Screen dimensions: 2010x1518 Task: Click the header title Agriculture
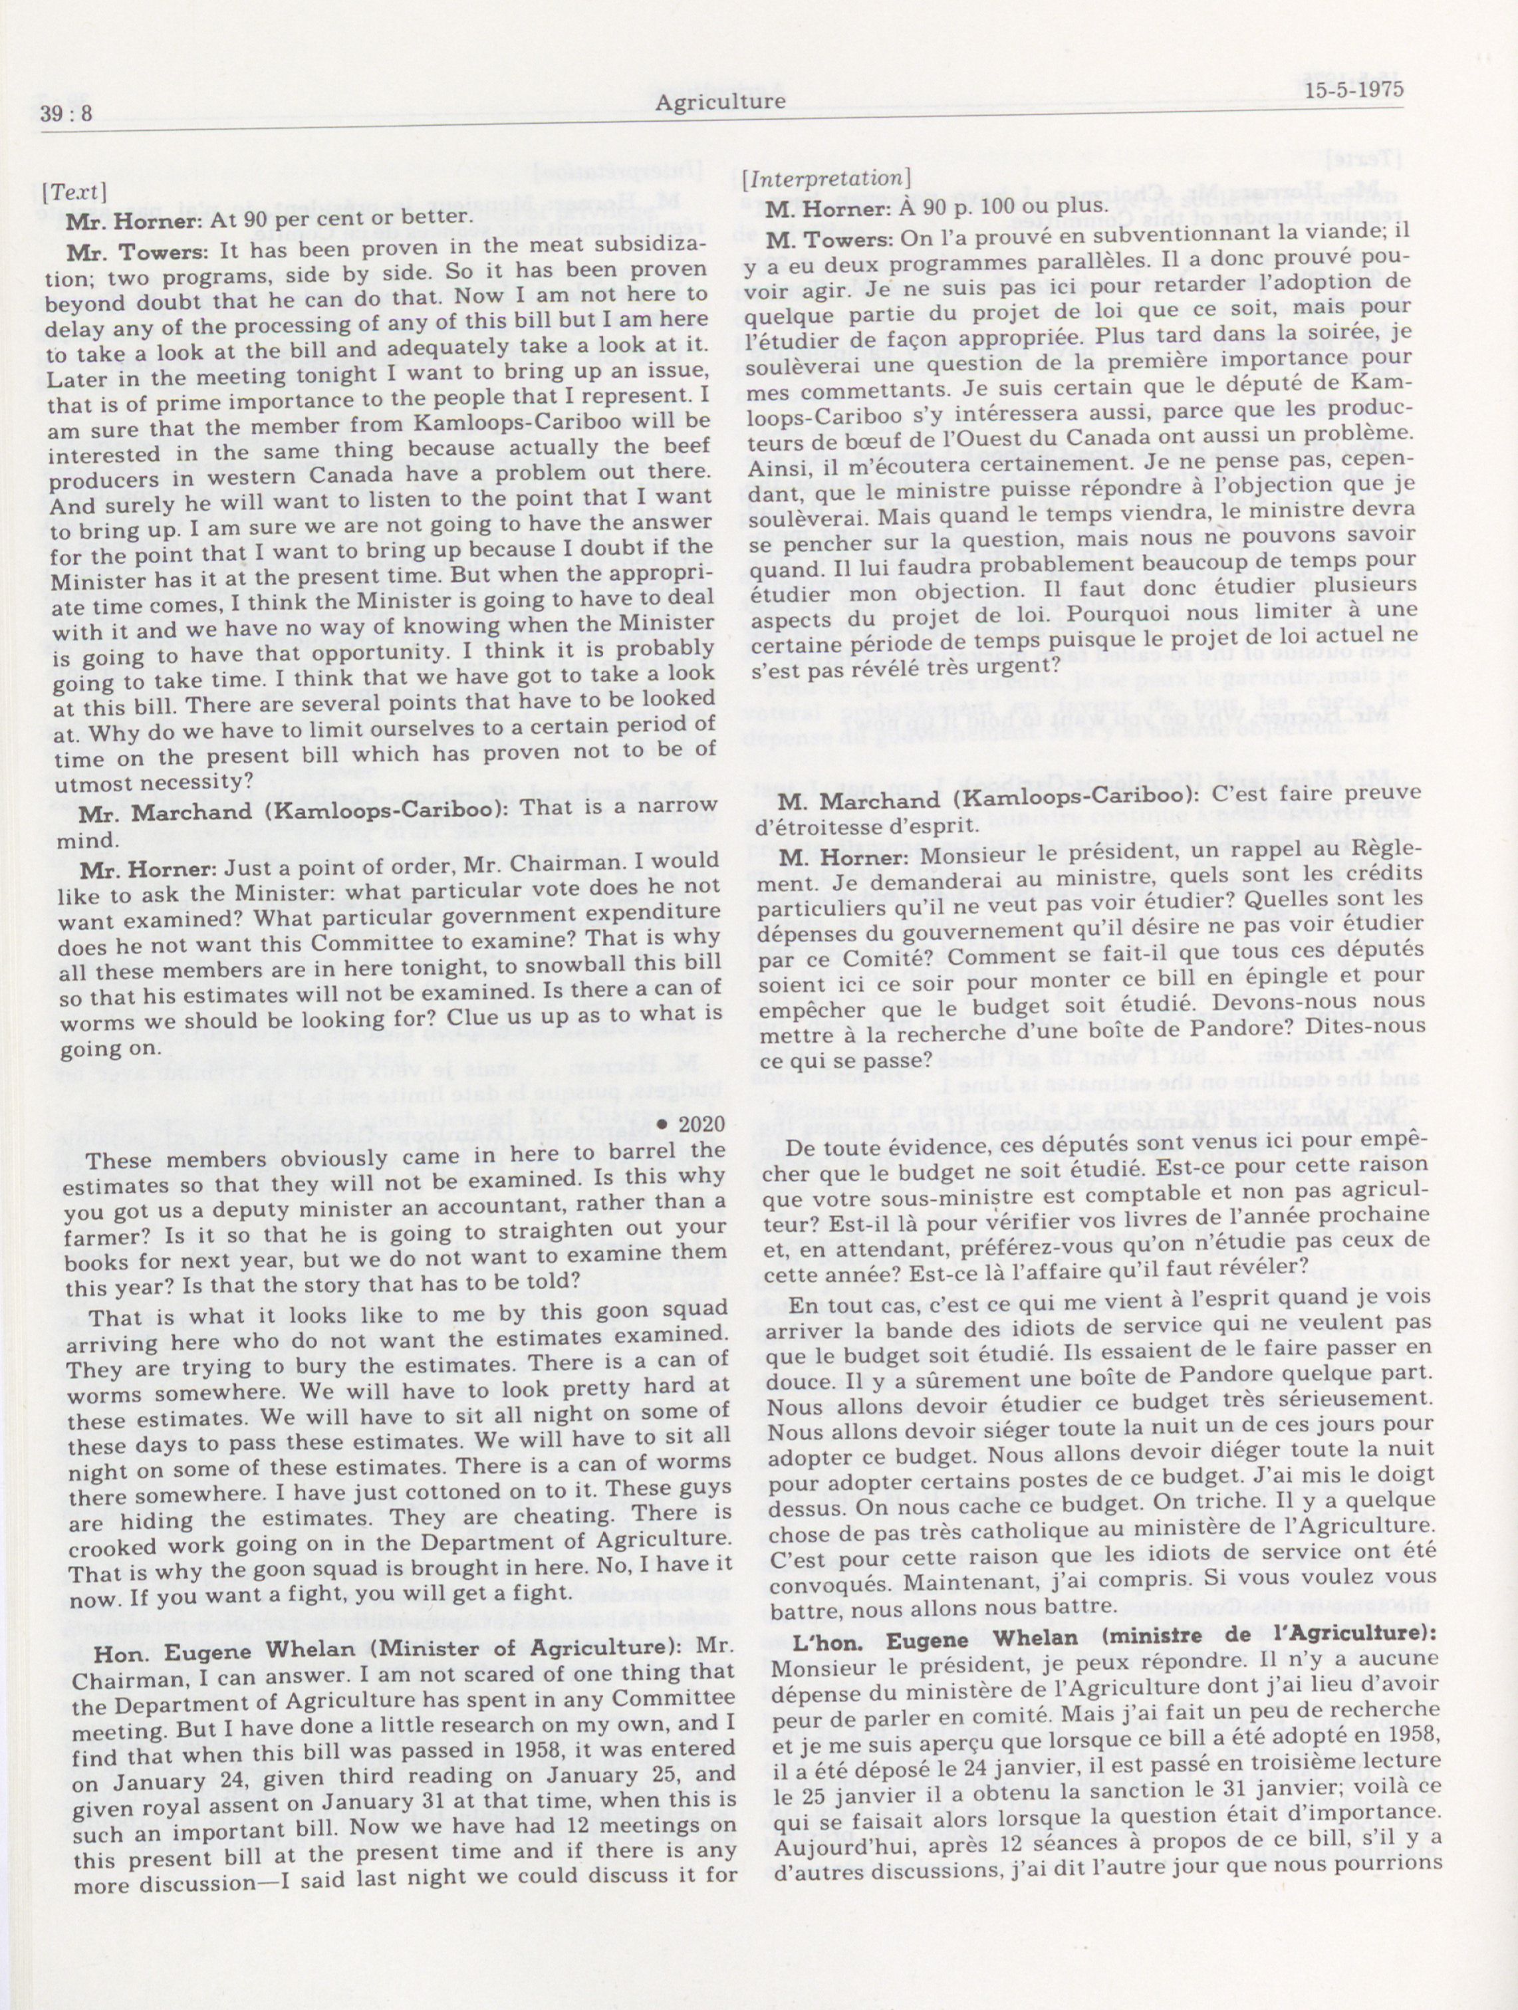click(x=719, y=102)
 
